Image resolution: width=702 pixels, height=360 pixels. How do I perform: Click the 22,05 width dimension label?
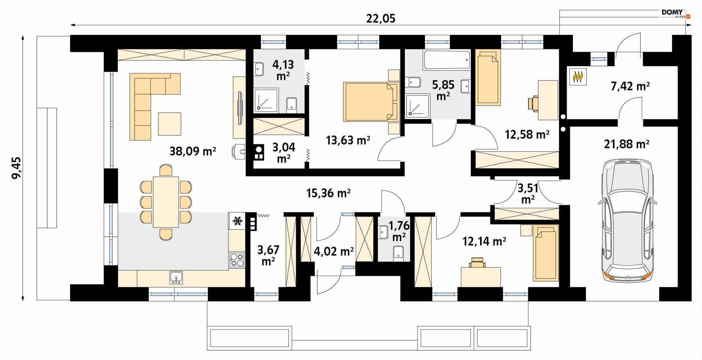click(381, 18)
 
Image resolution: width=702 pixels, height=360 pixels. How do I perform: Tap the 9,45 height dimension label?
click(16, 168)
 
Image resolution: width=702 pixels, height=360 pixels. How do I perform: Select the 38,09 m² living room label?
click(193, 151)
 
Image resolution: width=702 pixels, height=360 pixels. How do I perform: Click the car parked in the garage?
click(627, 220)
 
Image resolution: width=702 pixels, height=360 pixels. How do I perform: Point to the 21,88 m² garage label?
click(627, 144)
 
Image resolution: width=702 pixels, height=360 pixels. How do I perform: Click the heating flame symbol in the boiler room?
click(578, 77)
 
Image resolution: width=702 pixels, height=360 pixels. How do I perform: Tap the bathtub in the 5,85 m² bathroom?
click(446, 60)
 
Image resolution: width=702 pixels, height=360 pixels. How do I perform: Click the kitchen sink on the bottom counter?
click(176, 278)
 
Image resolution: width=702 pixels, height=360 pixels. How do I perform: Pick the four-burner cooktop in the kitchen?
click(237, 260)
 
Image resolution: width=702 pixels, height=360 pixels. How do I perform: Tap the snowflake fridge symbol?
click(238, 221)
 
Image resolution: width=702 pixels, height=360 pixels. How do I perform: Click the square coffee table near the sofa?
click(170, 124)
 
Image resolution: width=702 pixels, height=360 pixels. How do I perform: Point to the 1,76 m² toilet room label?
click(399, 231)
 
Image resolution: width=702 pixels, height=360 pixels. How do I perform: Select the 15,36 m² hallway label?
click(328, 193)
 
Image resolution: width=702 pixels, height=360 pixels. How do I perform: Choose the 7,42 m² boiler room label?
click(630, 86)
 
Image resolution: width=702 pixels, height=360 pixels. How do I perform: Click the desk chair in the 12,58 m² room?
click(533, 103)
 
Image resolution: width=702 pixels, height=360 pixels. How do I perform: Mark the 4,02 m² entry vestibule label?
click(334, 251)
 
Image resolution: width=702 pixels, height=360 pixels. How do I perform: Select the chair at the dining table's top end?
click(166, 170)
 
